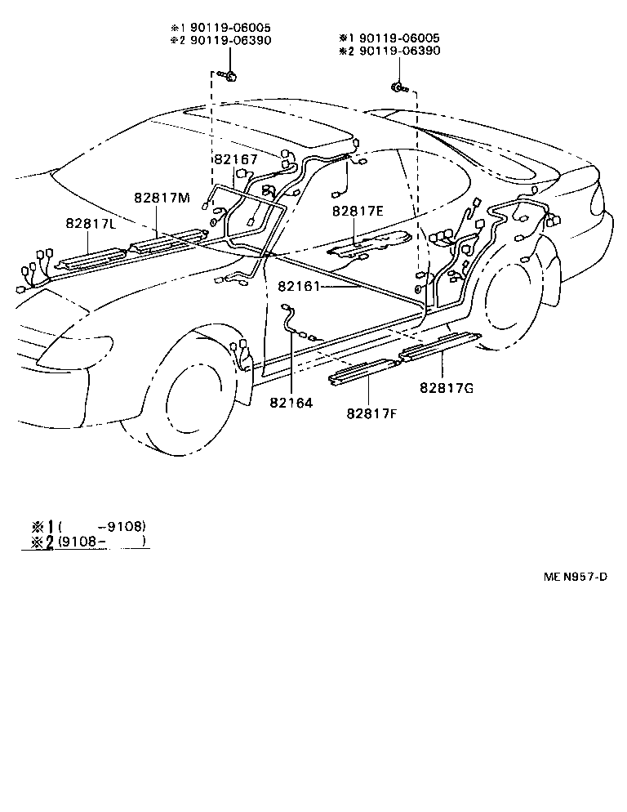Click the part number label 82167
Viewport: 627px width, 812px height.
click(235, 160)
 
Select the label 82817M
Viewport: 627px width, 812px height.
click(162, 199)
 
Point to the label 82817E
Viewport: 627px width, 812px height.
click(358, 211)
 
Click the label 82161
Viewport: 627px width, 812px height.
click(298, 287)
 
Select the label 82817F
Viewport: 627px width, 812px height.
click(371, 415)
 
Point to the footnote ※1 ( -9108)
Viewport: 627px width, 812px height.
click(90, 525)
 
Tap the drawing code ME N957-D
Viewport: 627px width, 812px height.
click(576, 577)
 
